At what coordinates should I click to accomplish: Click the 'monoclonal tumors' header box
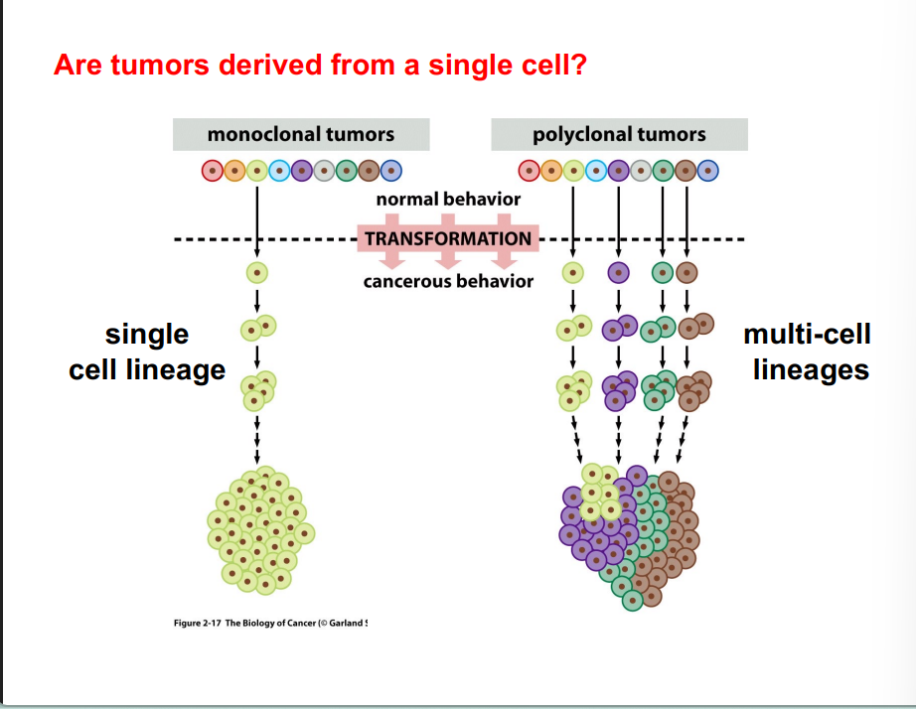pyautogui.click(x=301, y=134)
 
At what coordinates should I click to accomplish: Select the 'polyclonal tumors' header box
pyautogui.click(x=619, y=134)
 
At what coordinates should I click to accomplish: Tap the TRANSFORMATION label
pyautogui.click(x=448, y=238)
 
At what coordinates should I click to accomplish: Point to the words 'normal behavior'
pyautogui.click(x=448, y=200)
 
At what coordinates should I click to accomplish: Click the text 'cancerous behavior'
pyautogui.click(x=448, y=281)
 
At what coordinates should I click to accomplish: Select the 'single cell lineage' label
pyautogui.click(x=147, y=352)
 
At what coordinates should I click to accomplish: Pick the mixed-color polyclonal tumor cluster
pyautogui.click(x=628, y=534)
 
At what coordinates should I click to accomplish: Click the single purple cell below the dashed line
pyautogui.click(x=618, y=271)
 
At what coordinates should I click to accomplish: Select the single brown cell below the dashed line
pyautogui.click(x=687, y=271)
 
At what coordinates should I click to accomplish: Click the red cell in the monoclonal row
pyautogui.click(x=213, y=171)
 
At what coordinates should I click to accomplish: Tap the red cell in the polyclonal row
pyautogui.click(x=531, y=171)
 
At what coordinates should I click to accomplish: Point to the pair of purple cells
pyautogui.click(x=619, y=327)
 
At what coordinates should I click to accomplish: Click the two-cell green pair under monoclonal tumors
pyautogui.click(x=257, y=327)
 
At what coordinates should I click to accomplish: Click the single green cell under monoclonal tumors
pyautogui.click(x=257, y=271)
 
